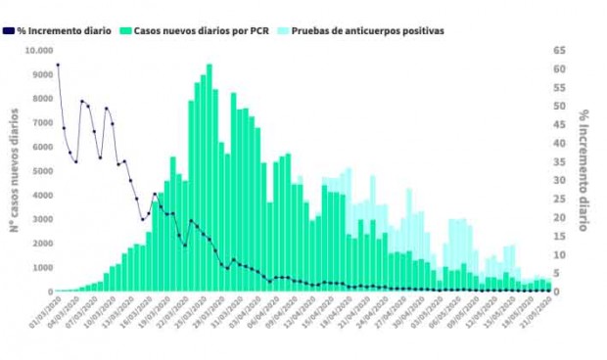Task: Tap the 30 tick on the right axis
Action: tap(559, 180)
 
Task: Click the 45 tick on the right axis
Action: tap(559, 124)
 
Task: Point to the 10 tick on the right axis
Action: tap(559, 254)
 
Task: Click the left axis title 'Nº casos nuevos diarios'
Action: tap(14, 171)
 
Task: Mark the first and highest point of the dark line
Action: tap(58, 65)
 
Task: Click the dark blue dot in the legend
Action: tap(9, 30)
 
